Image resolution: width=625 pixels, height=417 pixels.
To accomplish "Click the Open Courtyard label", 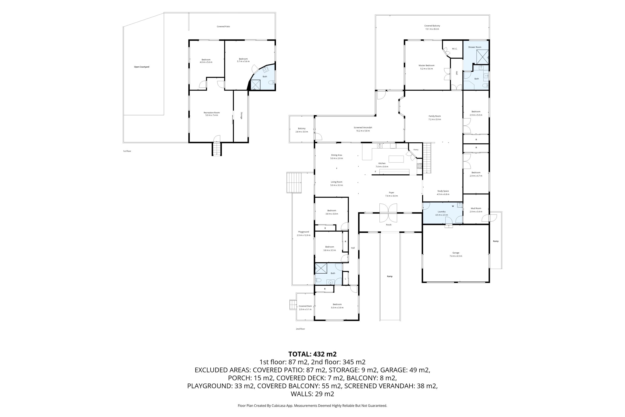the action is (x=142, y=67).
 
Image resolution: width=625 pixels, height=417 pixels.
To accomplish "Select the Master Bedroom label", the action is (x=427, y=65).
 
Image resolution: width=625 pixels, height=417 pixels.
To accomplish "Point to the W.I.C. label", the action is (x=455, y=49).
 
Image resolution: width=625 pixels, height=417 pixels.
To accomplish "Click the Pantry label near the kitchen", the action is (x=416, y=150).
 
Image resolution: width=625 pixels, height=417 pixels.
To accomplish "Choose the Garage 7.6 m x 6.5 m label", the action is (x=456, y=255).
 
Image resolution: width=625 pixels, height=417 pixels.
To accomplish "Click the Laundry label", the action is (x=442, y=212).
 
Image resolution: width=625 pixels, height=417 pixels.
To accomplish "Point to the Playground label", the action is (x=303, y=232).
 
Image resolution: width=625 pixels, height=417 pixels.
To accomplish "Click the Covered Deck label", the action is (x=305, y=306).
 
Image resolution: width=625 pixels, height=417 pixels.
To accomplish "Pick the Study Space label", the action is (x=443, y=191).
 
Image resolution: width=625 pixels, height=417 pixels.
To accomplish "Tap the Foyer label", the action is (x=391, y=192).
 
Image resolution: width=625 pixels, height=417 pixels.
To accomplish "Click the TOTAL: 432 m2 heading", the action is (x=312, y=354).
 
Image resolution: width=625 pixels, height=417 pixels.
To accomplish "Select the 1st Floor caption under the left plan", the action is (x=127, y=151).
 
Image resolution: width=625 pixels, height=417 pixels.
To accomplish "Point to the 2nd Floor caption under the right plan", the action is (x=300, y=329).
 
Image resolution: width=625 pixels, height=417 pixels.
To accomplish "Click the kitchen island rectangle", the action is (x=396, y=159).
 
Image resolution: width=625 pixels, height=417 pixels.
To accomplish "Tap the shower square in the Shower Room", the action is (x=483, y=57).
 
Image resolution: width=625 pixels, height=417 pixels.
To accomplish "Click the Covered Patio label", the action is (x=223, y=27).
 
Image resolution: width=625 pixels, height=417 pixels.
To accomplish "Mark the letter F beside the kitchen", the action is (x=375, y=172).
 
